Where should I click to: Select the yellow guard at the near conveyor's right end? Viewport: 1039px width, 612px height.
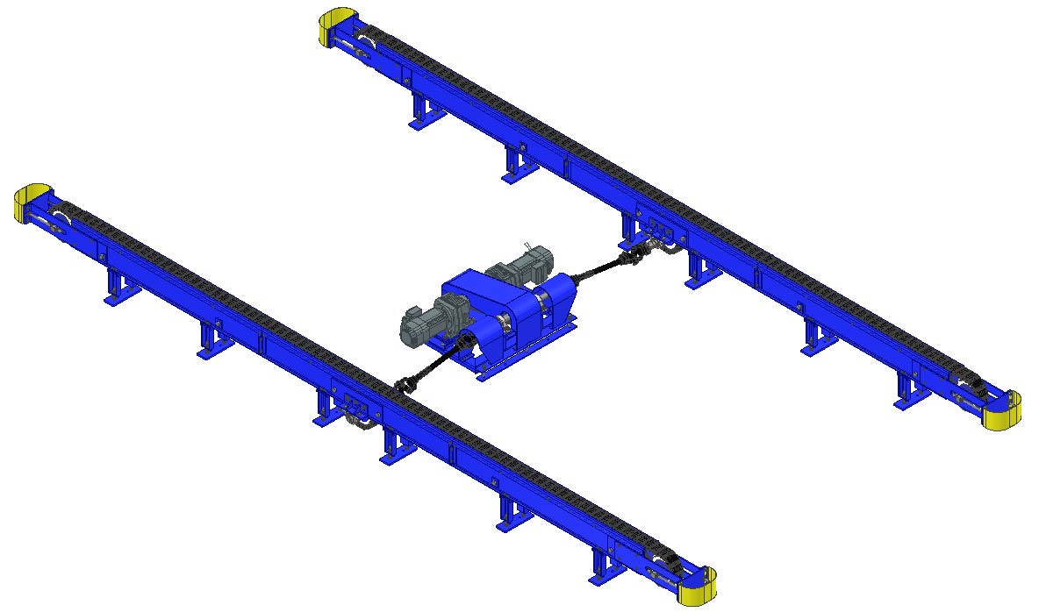pyautogui.click(x=699, y=586)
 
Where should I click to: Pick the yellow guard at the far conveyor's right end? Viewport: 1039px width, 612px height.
pyautogui.click(x=1000, y=411)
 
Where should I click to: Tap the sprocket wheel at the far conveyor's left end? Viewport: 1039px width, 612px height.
pyautogui.click(x=362, y=44)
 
